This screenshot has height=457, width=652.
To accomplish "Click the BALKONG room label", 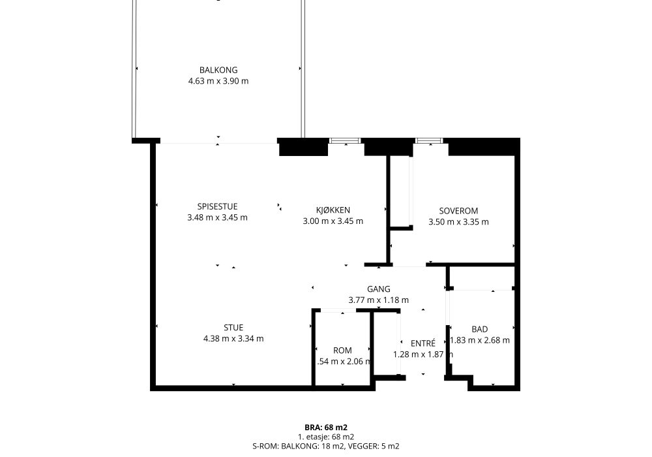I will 218,70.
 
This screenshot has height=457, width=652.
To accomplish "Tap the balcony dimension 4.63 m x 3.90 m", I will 218,81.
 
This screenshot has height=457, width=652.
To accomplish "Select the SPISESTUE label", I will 217,207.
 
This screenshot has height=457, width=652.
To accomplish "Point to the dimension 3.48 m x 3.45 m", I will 217,218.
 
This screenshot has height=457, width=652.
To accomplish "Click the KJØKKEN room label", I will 333,210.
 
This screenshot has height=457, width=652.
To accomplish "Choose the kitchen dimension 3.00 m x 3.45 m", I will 333,221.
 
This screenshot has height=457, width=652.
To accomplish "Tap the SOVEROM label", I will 458,211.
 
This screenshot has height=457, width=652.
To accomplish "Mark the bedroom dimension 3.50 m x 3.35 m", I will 458,222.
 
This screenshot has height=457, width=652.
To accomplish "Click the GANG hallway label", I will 379,289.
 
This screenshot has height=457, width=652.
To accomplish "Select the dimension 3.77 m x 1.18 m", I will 379,300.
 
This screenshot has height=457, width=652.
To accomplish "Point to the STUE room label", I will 233,328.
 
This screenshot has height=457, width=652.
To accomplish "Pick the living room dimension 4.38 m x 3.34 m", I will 233,339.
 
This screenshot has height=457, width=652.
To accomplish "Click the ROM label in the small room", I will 342,351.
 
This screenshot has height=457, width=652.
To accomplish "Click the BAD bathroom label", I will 480,329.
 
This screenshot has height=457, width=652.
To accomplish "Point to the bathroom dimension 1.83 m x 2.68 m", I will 480,340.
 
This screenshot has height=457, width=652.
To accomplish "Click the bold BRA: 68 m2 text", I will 326,428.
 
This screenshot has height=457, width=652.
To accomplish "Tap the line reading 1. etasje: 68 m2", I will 326,437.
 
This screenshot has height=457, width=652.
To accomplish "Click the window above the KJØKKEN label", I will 344,140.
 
